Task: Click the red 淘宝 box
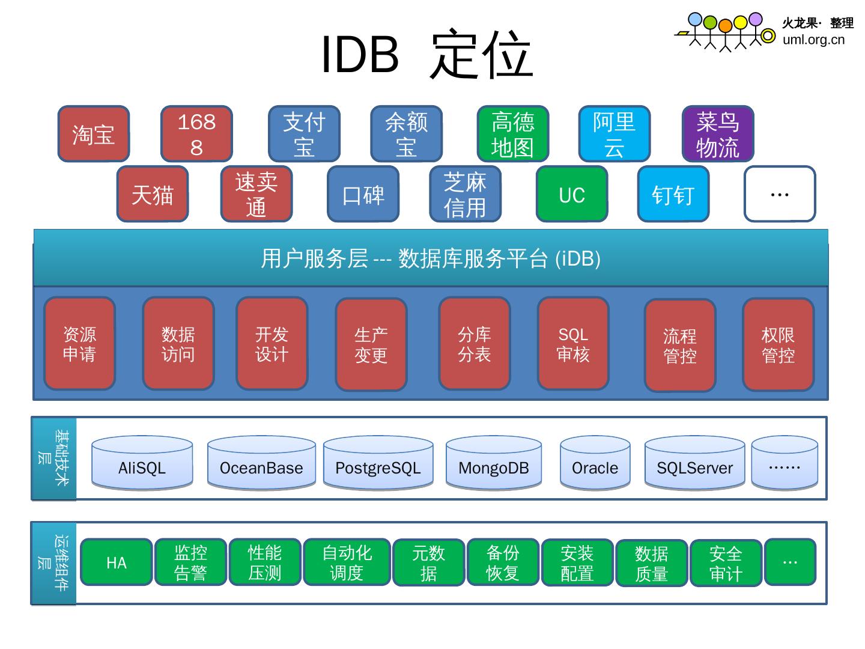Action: tap(94, 134)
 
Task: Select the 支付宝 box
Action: tap(304, 134)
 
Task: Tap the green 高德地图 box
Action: tap(512, 134)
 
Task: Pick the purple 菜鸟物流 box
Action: tap(717, 134)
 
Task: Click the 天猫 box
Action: tap(153, 194)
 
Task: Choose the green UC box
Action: tap(571, 194)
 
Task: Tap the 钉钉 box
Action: tap(673, 194)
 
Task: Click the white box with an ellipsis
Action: tap(779, 194)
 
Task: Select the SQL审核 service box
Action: tap(573, 344)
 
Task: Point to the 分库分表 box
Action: tap(475, 344)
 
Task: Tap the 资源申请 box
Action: tap(79, 344)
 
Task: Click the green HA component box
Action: tap(116, 562)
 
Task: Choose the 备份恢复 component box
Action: tap(502, 562)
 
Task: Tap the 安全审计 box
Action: tap(726, 563)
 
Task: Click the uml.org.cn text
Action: tap(813, 40)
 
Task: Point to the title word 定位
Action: tap(481, 55)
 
